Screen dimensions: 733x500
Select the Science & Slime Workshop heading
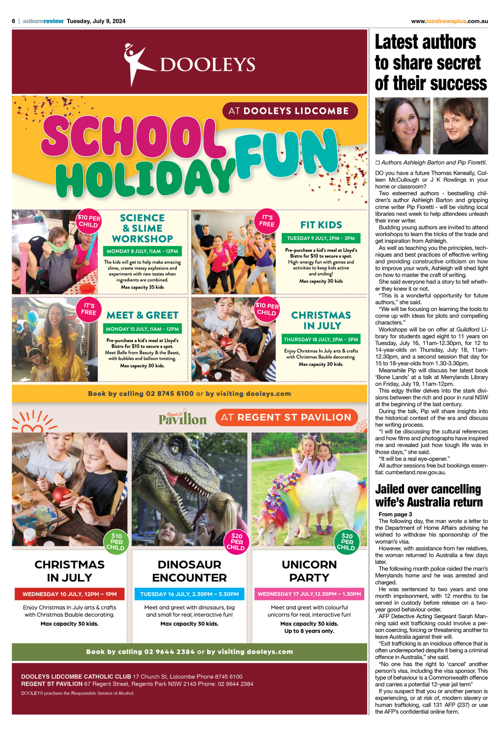click(x=142, y=228)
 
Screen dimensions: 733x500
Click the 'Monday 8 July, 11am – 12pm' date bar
click(x=142, y=251)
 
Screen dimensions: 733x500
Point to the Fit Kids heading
click(x=321, y=225)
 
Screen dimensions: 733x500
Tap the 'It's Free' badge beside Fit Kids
click(x=267, y=220)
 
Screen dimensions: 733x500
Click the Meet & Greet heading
click(x=142, y=315)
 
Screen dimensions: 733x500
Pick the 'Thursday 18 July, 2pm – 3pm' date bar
click(x=321, y=339)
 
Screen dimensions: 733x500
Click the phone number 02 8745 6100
click(x=170, y=394)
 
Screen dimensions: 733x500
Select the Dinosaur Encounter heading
click(x=189, y=571)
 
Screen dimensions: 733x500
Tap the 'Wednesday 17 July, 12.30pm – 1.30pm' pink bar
click(x=309, y=594)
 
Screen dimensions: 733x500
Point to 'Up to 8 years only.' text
click(x=309, y=631)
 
